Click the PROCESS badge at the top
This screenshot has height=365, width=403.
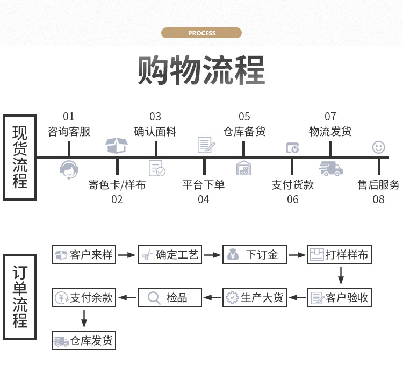click(x=201, y=33)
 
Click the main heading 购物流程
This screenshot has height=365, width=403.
click(x=201, y=70)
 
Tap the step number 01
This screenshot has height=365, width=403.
click(x=69, y=117)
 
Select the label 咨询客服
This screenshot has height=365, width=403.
click(x=69, y=131)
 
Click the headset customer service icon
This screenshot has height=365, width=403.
click(x=69, y=169)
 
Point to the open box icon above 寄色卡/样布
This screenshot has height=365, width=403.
click(x=117, y=145)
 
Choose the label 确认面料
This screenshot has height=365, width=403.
click(x=155, y=131)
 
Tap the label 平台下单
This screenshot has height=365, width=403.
click(x=203, y=185)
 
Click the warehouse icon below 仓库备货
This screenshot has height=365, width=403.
click(x=244, y=168)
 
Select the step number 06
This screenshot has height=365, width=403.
click(x=292, y=199)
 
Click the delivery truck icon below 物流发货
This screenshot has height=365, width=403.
click(x=330, y=169)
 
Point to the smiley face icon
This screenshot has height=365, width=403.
click(x=379, y=147)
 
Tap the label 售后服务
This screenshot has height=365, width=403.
click(x=379, y=185)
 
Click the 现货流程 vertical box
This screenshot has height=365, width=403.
click(x=20, y=158)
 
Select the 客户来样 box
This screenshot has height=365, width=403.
click(x=84, y=255)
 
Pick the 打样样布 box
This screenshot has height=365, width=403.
click(x=340, y=255)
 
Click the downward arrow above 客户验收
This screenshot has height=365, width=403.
click(x=340, y=276)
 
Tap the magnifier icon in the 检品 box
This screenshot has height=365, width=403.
click(x=154, y=297)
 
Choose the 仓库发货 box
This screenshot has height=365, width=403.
click(x=84, y=340)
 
